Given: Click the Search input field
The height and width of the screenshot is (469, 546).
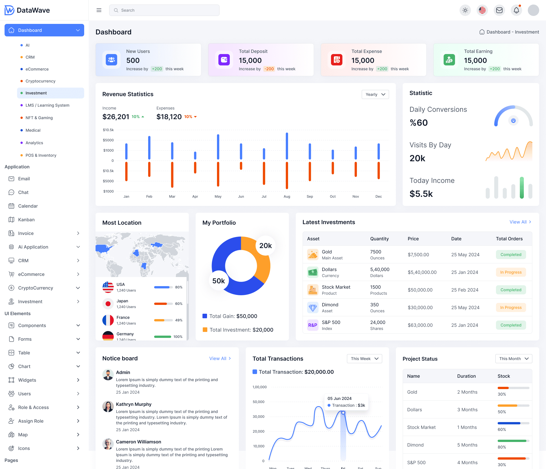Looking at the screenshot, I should tap(164, 10).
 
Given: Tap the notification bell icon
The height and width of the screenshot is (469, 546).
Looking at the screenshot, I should tap(516, 10).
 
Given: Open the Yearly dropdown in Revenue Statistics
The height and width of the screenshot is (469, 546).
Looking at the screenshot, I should tap(375, 94).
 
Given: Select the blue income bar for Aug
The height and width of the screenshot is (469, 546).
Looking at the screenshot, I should tap(287, 146).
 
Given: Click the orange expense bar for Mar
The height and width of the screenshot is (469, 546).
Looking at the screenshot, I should tap(172, 175).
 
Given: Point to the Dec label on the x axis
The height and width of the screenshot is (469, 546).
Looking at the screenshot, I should tap(379, 197).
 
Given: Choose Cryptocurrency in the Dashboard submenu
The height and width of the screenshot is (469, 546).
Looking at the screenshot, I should tap(40, 81).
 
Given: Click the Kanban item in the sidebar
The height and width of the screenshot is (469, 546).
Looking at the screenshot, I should tap(26, 220).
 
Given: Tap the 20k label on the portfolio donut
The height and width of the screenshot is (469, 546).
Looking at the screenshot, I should tap(265, 246).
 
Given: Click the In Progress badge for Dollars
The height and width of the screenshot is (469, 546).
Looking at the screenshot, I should tap(511, 272).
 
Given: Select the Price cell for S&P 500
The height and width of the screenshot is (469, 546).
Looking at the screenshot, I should tap(420, 325).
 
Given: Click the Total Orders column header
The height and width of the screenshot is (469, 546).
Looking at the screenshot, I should tap(509, 239).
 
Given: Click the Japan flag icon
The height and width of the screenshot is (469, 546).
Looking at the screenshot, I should tap(108, 304).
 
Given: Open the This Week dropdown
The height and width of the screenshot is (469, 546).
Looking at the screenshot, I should tap(364, 359).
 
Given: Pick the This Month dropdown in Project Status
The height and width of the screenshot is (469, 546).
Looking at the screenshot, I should tap(514, 359).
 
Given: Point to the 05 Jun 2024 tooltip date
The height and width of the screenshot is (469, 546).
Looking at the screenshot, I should tap(339, 398).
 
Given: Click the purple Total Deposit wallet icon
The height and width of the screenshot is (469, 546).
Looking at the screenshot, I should tap(224, 60).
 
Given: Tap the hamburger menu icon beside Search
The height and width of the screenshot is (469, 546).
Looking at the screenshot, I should tap(99, 10).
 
